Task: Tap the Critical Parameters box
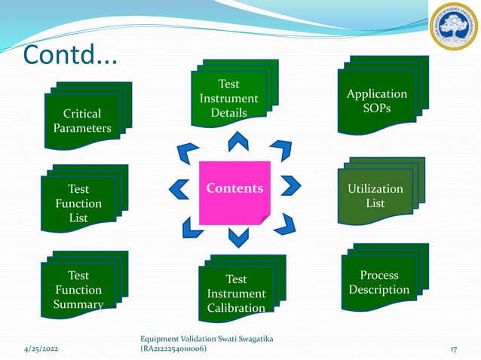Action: [82, 121]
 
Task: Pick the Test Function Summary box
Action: [78, 289]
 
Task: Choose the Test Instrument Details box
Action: [228, 99]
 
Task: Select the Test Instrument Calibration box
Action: [236, 294]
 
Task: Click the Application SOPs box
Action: [376, 102]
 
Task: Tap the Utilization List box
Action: [375, 196]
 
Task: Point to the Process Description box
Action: [379, 282]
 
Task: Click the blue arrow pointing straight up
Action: [238, 141]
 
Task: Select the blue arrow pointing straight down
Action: [238, 237]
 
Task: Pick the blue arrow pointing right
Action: [290, 185]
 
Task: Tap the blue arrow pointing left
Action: [179, 188]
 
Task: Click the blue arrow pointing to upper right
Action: [280, 150]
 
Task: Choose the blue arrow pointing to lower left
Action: [189, 225]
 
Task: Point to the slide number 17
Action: [455, 349]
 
